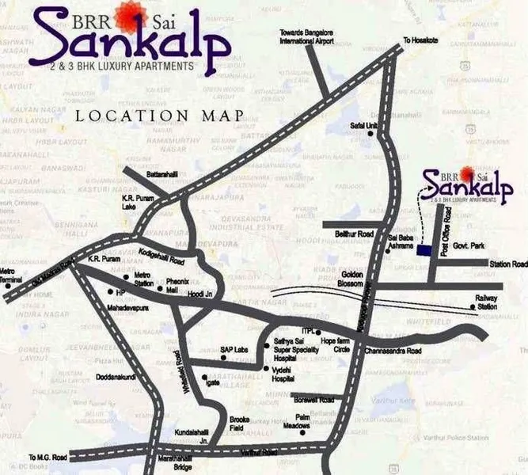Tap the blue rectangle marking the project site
(x=426, y=250)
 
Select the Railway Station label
(x=486, y=302)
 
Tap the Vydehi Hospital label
(x=284, y=374)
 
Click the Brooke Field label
(x=239, y=423)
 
